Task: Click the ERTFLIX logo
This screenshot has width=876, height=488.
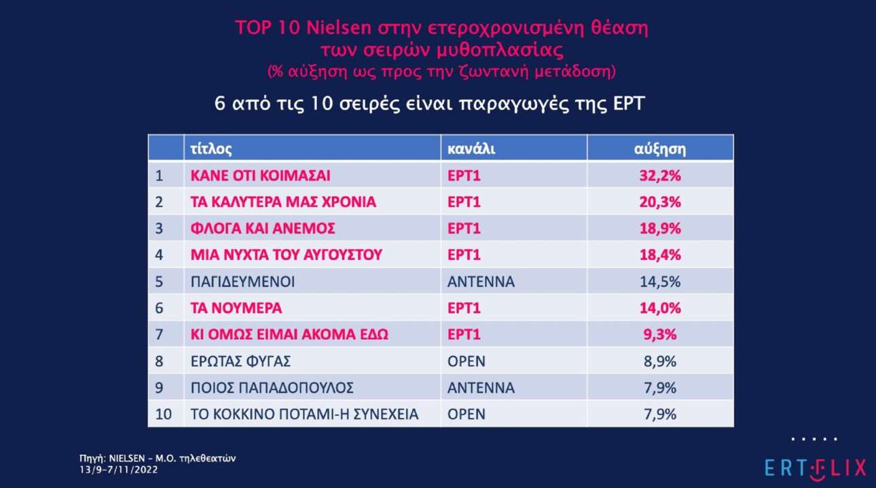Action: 815,467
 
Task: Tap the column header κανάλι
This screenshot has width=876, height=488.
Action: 471,149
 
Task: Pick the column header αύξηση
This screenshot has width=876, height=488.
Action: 659,149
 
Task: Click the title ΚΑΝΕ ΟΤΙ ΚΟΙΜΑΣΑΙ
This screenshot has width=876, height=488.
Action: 260,176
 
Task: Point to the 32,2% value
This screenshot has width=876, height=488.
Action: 660,176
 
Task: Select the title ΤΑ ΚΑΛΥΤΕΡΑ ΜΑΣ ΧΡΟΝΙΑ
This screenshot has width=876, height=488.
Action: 282,202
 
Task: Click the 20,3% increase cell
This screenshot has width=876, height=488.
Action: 660,202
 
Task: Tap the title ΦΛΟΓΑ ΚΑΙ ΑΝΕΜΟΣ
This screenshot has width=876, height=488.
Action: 262,229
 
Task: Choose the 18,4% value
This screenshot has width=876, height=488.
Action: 660,255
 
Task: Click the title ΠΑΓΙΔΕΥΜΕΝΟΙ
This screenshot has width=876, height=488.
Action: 242,282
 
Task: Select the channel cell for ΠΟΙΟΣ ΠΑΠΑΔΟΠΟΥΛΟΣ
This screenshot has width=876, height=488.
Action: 481,388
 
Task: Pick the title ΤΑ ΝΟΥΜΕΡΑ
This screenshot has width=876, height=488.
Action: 236,308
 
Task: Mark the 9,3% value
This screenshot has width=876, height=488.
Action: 660,335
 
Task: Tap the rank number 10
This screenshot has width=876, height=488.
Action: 162,414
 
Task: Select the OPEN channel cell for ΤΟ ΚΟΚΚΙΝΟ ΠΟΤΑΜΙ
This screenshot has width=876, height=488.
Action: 467,414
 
